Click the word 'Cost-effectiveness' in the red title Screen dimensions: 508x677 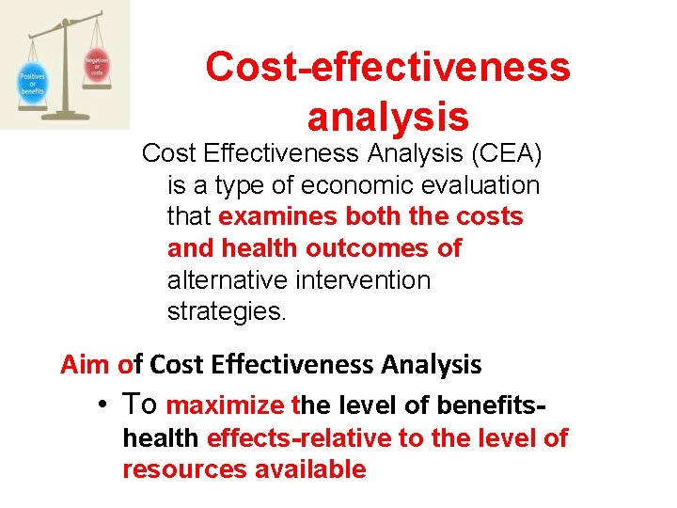[x=387, y=67]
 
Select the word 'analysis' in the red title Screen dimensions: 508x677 [x=387, y=117]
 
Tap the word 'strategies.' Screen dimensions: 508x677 [x=226, y=311]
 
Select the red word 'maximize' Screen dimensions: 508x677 [x=225, y=405]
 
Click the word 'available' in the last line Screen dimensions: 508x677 [x=310, y=469]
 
